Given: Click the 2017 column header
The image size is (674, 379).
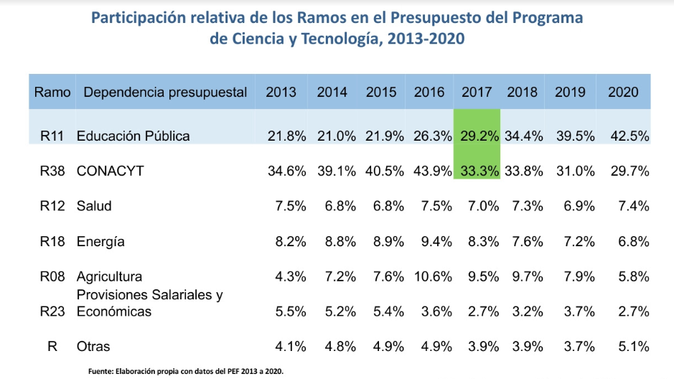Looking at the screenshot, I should click(x=477, y=92).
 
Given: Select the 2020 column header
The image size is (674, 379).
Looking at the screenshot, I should click(x=623, y=92).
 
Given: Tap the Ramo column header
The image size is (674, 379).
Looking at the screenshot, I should click(x=52, y=92).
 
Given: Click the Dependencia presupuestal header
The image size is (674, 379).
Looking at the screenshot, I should click(x=165, y=92).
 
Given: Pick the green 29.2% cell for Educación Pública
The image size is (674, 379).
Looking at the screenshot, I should click(x=477, y=136).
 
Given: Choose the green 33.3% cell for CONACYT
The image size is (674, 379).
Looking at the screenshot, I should click(x=477, y=171).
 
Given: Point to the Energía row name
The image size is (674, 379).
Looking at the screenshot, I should click(x=100, y=241).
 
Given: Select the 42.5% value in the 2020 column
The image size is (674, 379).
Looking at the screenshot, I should click(x=629, y=136).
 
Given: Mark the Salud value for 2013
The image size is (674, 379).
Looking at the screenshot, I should click(x=291, y=206).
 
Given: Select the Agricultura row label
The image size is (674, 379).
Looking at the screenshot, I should click(x=109, y=276).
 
